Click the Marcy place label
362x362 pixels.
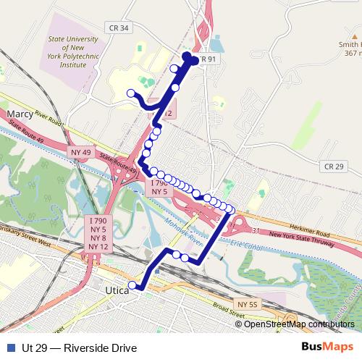click(x=20, y=114)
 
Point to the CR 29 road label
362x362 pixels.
click(x=334, y=167)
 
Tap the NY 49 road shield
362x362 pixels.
click(x=81, y=152)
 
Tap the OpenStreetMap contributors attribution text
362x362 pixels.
click(x=299, y=324)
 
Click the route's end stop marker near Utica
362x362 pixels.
click(x=132, y=285)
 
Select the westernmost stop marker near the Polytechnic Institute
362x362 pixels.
click(x=131, y=93)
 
